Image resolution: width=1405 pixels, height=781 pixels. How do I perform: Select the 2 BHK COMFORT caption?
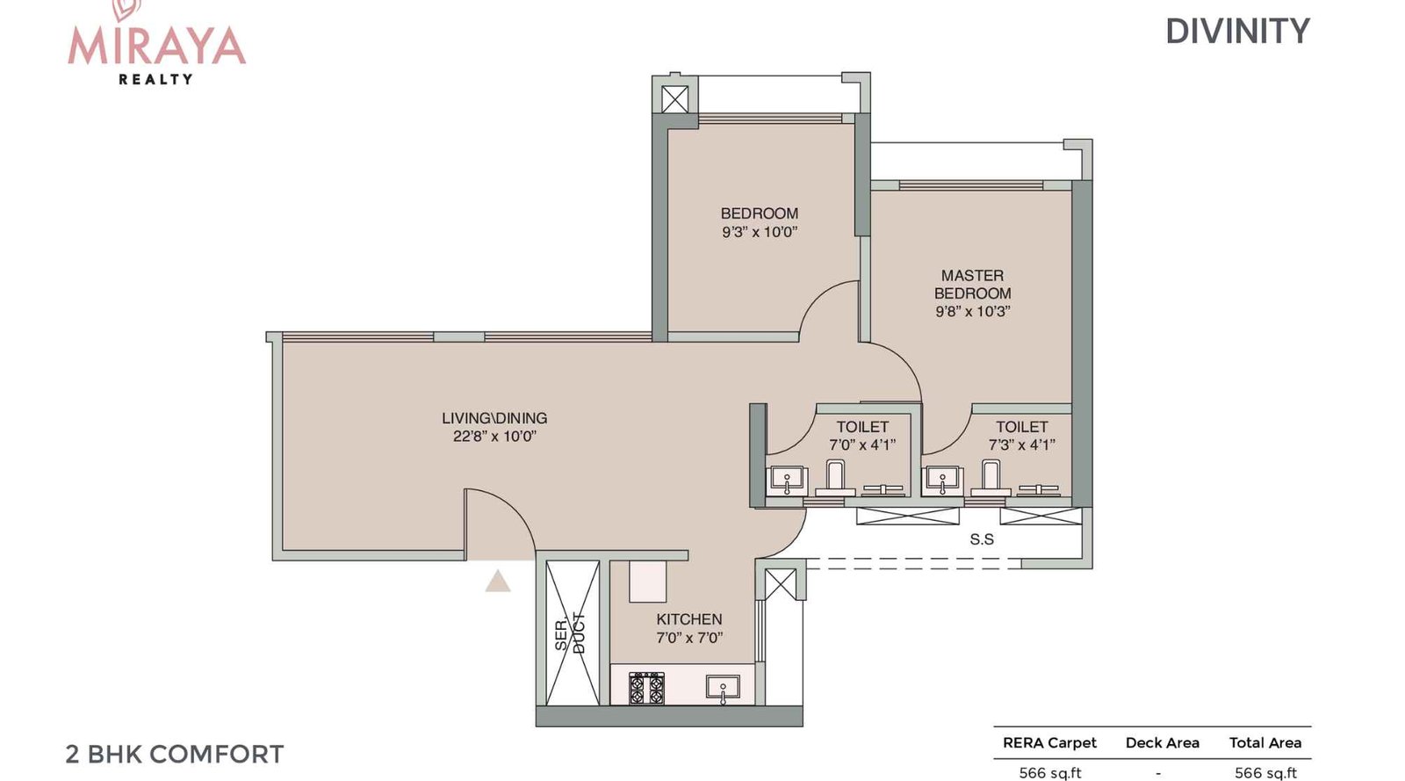pos(175,754)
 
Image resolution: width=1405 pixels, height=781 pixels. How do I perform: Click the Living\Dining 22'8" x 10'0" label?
pos(494,427)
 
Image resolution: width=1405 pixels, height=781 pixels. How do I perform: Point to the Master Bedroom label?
pos(972,293)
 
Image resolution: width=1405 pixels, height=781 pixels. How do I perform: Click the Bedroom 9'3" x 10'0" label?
pos(760,222)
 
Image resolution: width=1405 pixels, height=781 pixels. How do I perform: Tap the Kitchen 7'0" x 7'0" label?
pos(689,628)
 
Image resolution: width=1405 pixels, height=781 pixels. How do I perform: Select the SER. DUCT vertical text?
pos(570,632)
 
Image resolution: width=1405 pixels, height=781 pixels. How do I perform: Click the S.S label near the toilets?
pos(982,539)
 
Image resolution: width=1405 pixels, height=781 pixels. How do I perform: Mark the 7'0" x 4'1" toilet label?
pos(862,436)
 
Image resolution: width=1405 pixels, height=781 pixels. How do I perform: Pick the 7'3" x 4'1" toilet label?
pos(1021,436)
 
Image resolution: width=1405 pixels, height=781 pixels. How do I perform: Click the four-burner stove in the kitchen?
pos(647,688)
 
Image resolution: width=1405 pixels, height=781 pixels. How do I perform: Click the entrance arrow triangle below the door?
pos(498,581)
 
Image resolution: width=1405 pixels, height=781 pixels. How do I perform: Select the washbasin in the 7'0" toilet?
pos(787,481)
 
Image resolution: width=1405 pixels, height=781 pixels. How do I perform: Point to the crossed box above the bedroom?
pos(674,98)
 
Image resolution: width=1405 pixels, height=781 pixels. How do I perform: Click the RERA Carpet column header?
pos(1049,742)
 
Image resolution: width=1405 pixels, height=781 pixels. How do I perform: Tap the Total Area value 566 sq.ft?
pos(1265,772)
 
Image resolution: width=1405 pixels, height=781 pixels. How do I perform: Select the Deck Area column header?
pos(1162,742)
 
